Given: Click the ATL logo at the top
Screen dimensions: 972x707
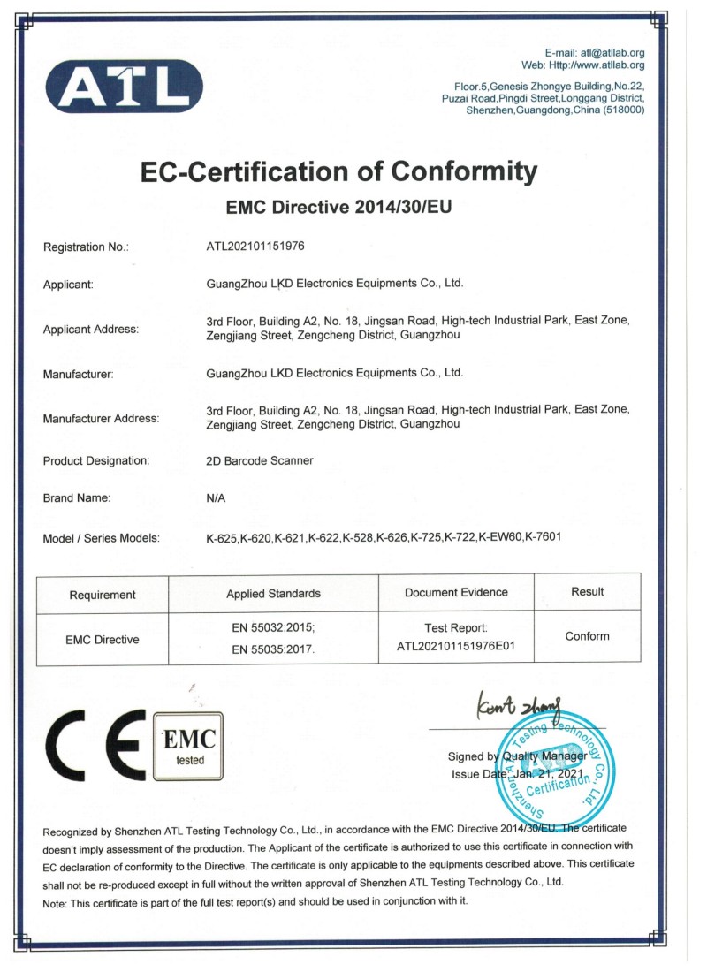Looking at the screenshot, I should click(x=125, y=86).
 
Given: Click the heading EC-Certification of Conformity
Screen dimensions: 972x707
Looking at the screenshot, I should click(x=339, y=171).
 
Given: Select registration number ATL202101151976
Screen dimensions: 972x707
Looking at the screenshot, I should click(x=255, y=247).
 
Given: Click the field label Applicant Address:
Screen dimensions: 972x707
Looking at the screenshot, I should click(x=91, y=330).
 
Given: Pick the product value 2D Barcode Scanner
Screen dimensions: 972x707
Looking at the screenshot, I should click(x=259, y=460).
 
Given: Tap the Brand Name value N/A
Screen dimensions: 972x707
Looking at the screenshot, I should click(x=216, y=498).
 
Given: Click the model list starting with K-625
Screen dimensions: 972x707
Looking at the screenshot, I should click(x=384, y=538).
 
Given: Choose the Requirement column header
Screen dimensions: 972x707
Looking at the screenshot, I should click(x=103, y=594).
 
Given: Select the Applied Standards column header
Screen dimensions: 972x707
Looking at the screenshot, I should click(x=273, y=594).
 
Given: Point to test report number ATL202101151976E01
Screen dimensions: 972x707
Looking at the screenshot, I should click(x=456, y=646).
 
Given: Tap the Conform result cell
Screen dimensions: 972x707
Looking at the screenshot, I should click(x=587, y=636).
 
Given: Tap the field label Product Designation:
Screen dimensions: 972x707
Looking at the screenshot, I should click(x=96, y=460).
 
